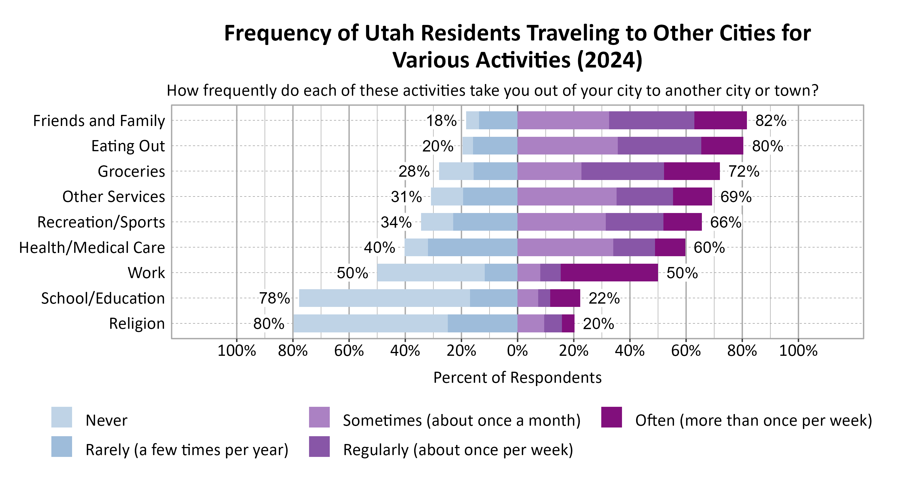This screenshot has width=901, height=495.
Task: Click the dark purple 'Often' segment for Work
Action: (609, 273)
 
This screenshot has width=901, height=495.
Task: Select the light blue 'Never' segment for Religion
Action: (370, 323)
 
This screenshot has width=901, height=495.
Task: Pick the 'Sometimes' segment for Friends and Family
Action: (563, 121)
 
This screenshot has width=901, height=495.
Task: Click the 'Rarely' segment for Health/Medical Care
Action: (472, 247)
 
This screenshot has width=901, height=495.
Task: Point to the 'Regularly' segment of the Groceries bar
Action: (622, 171)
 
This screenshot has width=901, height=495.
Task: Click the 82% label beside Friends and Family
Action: (771, 121)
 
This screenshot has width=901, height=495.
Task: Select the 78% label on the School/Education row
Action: (274, 298)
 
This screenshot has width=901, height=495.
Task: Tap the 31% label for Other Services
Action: (406, 197)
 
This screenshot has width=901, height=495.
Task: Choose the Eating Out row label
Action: (128, 146)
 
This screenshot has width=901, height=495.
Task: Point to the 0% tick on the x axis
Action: (517, 350)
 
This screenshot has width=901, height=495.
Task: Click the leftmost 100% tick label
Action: (236, 350)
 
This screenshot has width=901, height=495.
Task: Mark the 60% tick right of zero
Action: (686, 350)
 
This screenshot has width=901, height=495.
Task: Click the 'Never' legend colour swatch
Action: (62, 417)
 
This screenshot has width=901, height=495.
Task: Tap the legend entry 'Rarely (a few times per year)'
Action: (187, 450)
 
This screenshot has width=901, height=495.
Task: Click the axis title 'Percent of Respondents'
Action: (517, 378)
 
